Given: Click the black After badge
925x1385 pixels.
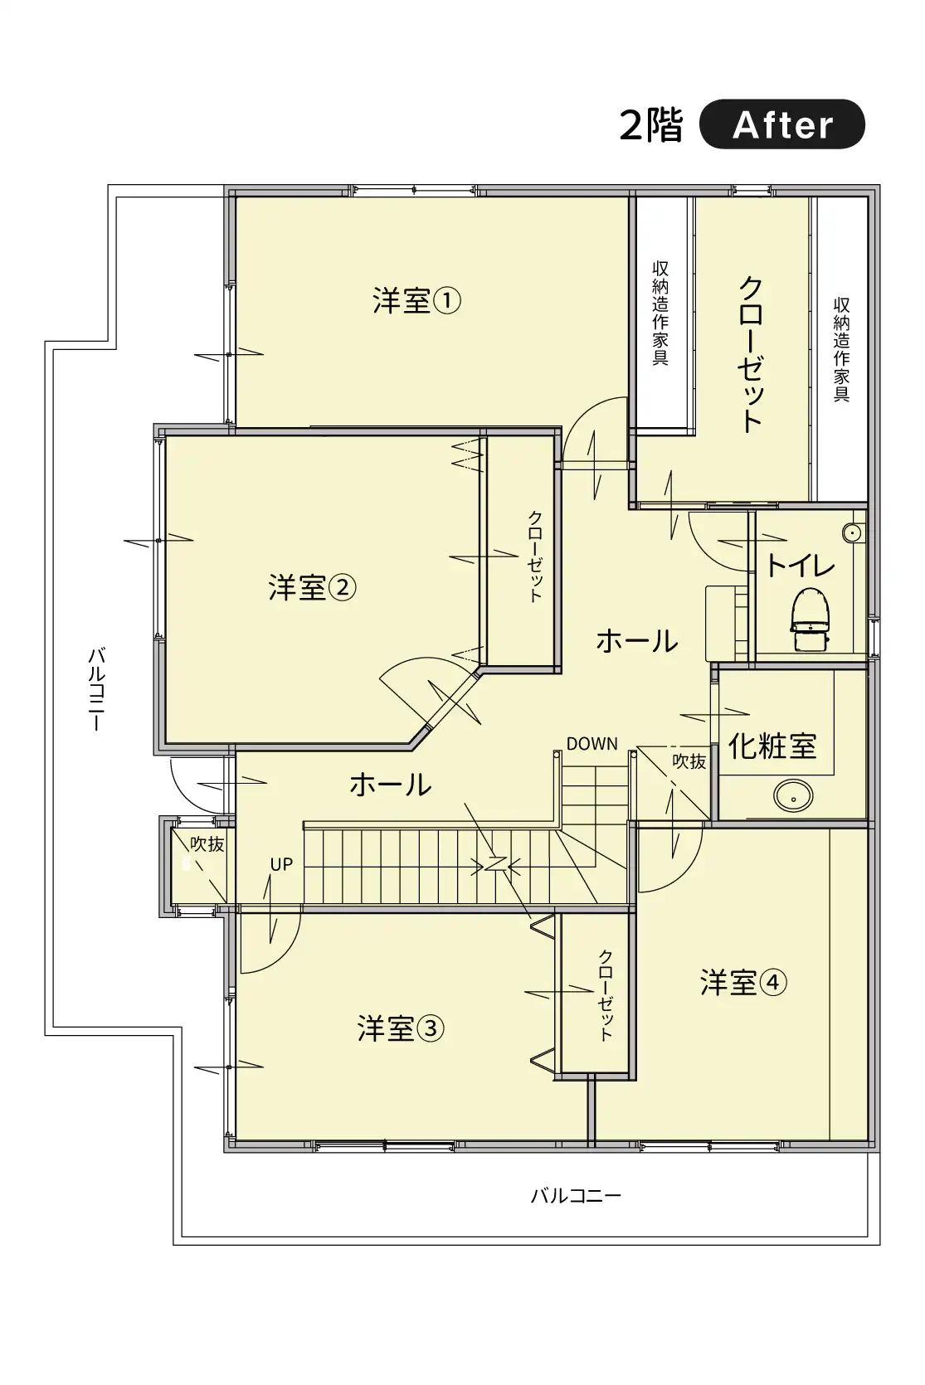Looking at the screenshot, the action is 781,124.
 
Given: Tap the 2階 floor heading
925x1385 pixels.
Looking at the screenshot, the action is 651,125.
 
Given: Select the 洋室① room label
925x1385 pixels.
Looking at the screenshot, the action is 416,301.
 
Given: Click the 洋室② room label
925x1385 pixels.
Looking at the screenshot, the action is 312,587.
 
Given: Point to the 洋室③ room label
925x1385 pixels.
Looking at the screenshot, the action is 401,1028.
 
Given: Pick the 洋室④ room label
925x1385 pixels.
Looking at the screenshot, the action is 743,982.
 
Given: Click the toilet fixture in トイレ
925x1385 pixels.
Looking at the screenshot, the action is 810,620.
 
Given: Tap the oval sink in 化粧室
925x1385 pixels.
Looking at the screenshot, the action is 793,796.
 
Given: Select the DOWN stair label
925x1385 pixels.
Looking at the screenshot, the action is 592,744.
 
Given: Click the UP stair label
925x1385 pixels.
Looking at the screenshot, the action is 281,864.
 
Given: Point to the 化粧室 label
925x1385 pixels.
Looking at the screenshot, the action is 772,746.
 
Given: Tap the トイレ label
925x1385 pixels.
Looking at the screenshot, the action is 801,565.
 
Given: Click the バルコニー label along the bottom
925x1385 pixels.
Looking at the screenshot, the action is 576,1196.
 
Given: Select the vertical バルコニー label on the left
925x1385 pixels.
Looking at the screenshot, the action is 97,689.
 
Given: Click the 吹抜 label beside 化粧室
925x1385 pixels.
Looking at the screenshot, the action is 689,761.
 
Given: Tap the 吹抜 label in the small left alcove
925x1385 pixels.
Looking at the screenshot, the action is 207,844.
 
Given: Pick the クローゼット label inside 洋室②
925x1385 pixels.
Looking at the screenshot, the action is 535,556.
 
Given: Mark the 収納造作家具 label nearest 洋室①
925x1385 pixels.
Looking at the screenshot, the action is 660,313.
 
